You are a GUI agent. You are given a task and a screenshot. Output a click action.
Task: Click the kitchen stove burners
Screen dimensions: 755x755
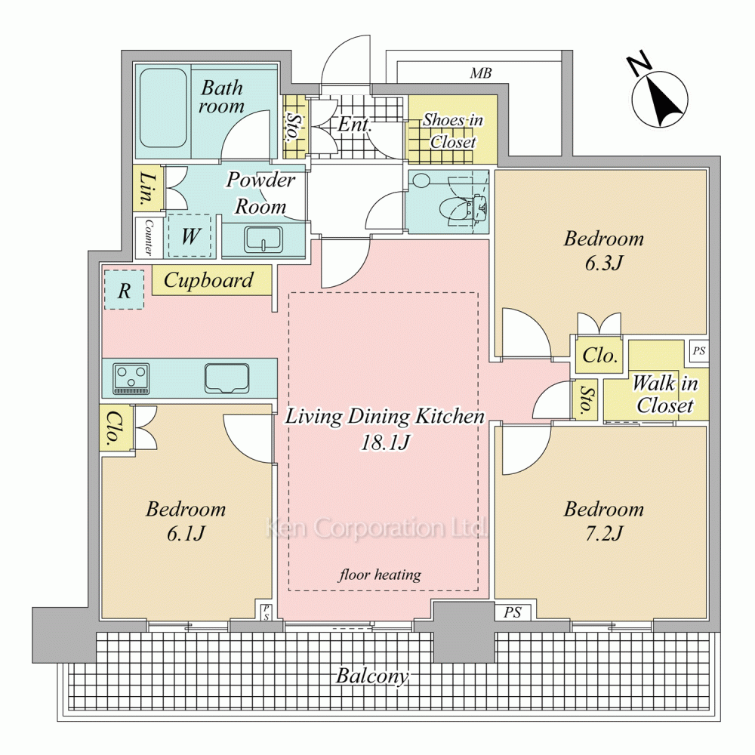point(131,378)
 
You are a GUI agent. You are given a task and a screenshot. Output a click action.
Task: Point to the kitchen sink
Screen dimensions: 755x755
point(226,378)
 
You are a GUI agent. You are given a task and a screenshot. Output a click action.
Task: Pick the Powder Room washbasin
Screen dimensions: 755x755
point(263,239)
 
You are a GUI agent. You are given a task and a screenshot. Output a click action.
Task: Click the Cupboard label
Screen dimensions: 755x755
point(208,280)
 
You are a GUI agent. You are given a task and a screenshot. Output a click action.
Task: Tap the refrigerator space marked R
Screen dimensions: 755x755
point(124,290)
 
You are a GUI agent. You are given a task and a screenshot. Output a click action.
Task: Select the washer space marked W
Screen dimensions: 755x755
point(190,236)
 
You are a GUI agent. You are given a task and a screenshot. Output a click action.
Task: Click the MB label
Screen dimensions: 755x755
point(480,73)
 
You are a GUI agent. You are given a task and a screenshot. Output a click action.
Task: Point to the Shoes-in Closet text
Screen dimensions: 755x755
point(452,131)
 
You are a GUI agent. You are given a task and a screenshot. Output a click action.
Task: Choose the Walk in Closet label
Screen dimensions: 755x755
point(664,394)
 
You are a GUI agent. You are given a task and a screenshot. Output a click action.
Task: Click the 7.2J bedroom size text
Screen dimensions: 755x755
point(604,534)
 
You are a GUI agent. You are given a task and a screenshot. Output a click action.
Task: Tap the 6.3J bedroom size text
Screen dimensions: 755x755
point(604,263)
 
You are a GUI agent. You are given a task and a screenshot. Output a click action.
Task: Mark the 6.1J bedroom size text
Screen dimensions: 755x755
point(186,534)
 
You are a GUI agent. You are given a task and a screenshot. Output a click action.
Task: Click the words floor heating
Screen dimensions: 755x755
point(380,575)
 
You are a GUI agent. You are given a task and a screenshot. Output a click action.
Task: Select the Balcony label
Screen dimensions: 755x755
point(371,676)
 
